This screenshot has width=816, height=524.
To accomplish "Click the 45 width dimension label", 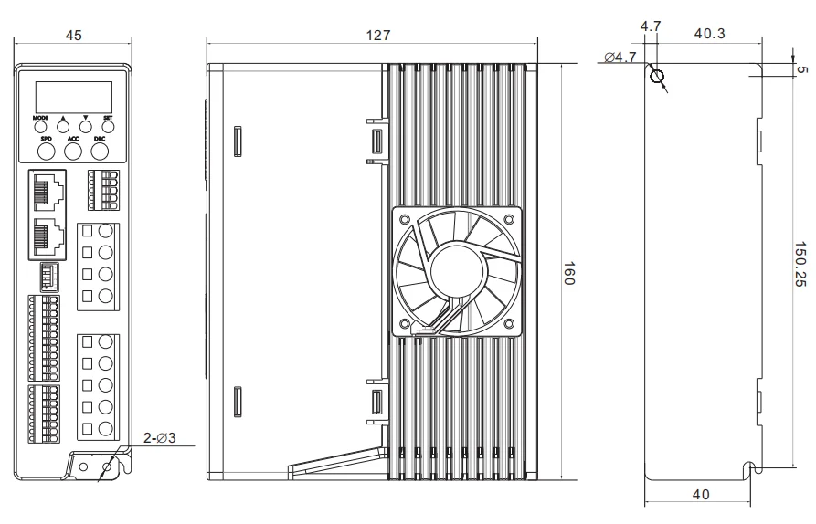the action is tap(73, 36).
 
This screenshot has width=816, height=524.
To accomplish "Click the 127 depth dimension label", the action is tap(377, 36).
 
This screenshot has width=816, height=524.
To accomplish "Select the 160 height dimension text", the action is tap(568, 274).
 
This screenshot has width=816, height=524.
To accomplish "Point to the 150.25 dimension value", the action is tap(800, 264).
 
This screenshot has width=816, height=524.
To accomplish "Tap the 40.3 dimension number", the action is tap(709, 34).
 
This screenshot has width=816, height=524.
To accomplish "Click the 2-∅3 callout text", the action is tap(160, 438).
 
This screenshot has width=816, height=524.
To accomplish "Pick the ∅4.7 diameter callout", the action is tap(620, 57).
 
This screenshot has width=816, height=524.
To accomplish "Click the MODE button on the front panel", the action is tap(40, 126).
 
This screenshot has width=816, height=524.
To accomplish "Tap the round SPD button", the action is tap(47, 152).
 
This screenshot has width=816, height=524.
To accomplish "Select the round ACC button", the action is tap(73, 152).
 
